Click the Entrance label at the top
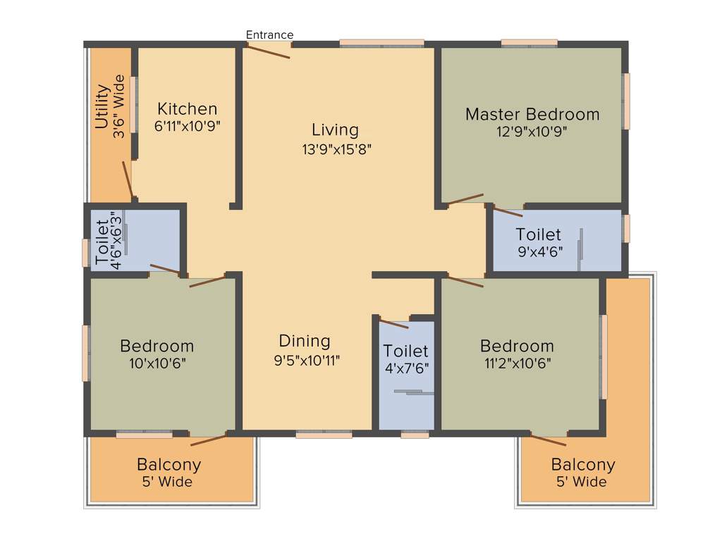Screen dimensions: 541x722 coord(269,35)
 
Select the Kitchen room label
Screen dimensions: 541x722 coord(187,109)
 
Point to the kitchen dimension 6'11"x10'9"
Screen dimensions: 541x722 coord(187,126)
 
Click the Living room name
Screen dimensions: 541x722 coord(335,130)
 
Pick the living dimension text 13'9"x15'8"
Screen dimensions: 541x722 coord(336,149)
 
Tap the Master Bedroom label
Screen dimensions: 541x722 coord(532,114)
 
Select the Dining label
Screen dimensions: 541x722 coord(305,341)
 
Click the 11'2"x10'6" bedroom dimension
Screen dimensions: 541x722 coord(516,363)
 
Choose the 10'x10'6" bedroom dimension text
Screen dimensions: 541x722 coord(157,363)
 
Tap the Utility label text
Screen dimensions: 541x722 coord(102,107)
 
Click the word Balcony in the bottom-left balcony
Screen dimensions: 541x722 coord(169,465)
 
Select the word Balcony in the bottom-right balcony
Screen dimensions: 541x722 coord(583,465)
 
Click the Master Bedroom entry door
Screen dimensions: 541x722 coord(465,199)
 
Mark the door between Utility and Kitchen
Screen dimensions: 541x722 coord(128,180)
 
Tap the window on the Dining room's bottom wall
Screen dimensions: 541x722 coord(324,435)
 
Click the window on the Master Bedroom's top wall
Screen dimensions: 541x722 coord(530,44)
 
